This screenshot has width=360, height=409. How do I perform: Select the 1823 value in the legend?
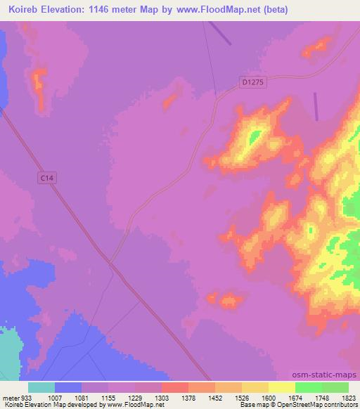(x=347, y=397)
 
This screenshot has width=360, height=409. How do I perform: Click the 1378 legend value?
(x=188, y=397)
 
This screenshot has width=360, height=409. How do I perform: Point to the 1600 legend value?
(x=268, y=397)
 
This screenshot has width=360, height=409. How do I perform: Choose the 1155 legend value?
(x=108, y=397)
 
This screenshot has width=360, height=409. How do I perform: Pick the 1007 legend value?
(x=55, y=397)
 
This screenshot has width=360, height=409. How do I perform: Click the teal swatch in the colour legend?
(x=41, y=387)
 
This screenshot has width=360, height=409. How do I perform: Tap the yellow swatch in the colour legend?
(x=282, y=387)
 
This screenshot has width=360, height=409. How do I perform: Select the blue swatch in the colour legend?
(x=68, y=387)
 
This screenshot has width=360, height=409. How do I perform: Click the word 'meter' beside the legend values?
(x=8, y=397)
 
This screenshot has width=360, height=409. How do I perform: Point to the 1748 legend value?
(x=321, y=397)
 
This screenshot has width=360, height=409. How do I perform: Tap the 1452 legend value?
(x=214, y=397)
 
